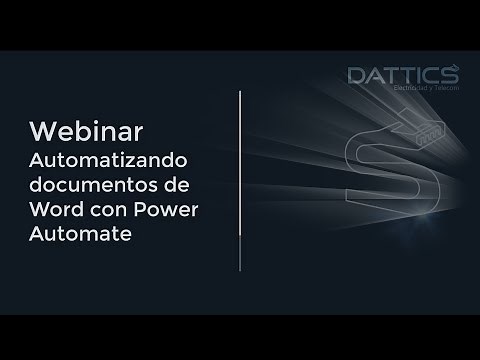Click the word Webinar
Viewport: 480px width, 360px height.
[x=87, y=132]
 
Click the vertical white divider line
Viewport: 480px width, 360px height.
[x=240, y=180]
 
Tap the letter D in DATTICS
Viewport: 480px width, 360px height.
[x=356, y=75]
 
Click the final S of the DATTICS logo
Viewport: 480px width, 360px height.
[x=450, y=75]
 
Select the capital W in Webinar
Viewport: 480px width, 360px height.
[x=41, y=132]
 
